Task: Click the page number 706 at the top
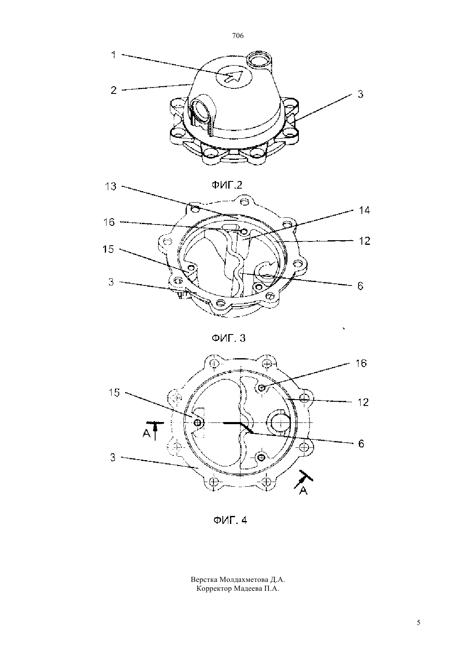tap(238, 36)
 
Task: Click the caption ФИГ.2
tap(227, 185)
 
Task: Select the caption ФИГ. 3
tap(229, 338)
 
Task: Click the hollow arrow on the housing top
tap(234, 77)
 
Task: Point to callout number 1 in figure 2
tap(114, 55)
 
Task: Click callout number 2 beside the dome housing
tap(114, 90)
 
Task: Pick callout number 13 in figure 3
tap(110, 186)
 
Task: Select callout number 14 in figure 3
tap(364, 210)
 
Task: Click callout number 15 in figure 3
tap(108, 249)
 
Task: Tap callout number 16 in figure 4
tap(361, 363)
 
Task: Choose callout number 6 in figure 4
tap(361, 444)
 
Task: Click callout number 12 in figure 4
tap(363, 402)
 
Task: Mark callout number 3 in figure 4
tap(113, 458)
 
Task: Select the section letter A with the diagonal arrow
tap(303, 490)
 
